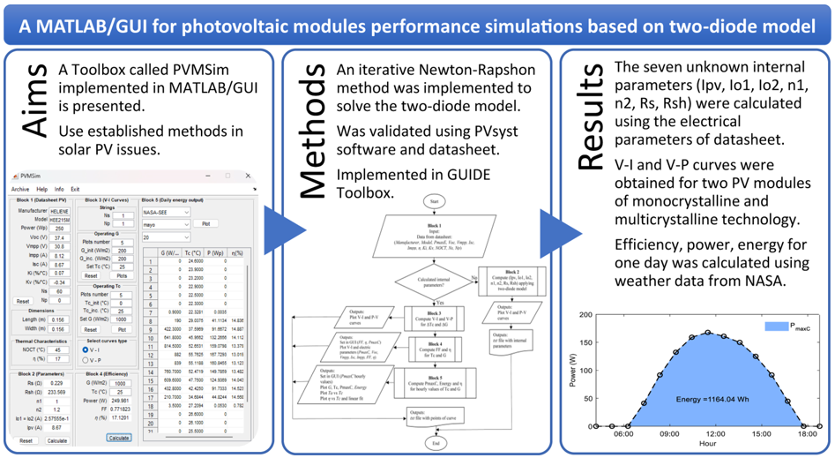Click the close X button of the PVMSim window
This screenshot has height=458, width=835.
248,176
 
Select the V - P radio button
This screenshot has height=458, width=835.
86,360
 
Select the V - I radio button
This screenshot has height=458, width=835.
86,349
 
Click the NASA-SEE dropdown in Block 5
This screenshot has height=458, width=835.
166,213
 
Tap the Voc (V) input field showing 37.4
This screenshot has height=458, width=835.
59,238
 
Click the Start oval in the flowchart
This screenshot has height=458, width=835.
434,201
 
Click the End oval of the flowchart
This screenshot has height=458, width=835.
434,443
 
